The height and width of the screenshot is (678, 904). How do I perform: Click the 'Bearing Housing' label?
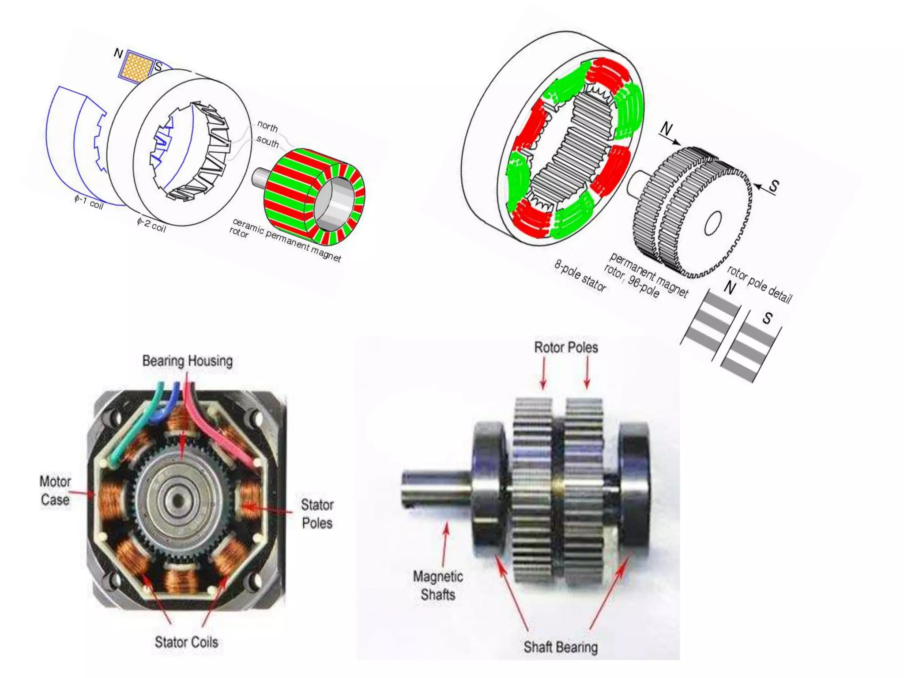point(187,361)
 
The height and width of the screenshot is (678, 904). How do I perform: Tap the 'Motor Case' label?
point(55,490)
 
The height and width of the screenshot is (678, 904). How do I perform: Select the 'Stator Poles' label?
point(317,514)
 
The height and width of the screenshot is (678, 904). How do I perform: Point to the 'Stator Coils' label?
point(186,642)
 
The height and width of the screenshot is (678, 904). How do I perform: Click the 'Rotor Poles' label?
point(566,347)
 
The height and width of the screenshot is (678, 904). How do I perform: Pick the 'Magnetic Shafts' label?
point(438,585)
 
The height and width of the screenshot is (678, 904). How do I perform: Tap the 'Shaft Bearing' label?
point(561,647)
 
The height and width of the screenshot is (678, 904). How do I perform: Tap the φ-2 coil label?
point(151,225)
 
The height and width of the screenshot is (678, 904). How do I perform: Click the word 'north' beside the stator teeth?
point(267,127)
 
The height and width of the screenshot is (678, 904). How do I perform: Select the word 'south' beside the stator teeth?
point(267,142)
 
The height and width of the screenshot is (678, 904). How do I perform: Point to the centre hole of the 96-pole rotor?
point(712,223)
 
